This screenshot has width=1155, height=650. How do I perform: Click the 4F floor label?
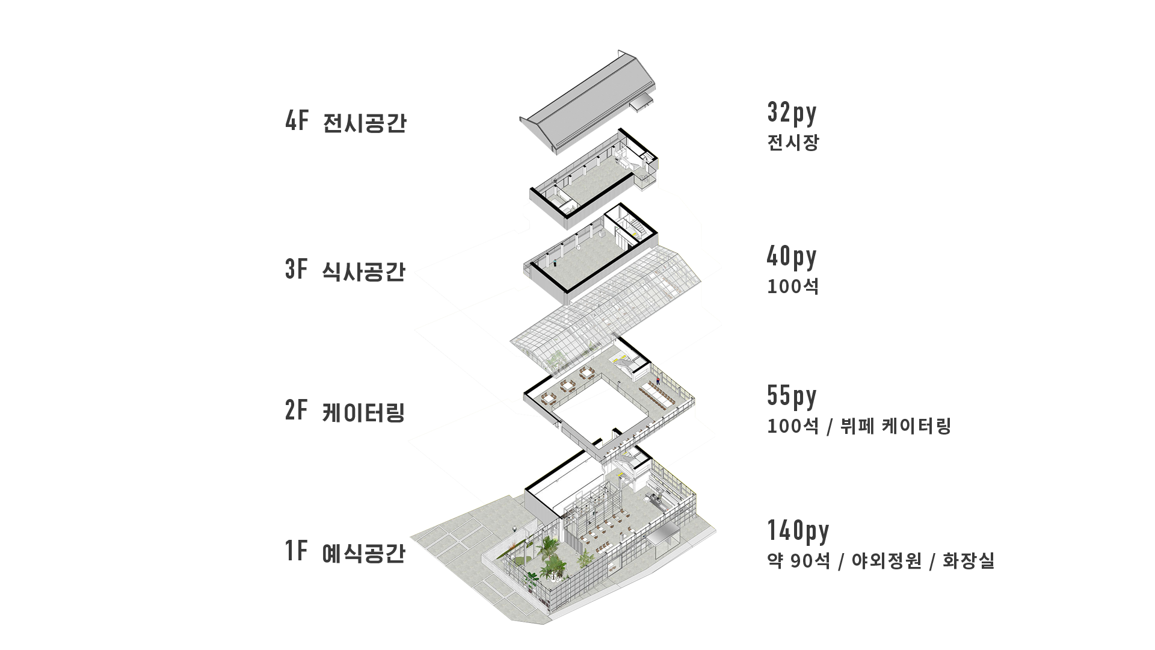297,121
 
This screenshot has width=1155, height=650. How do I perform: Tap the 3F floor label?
296,269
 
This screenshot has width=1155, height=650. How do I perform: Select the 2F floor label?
296,410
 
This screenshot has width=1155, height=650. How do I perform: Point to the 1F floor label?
296,551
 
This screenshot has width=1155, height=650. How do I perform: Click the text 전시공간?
365,123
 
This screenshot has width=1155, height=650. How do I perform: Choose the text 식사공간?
364,271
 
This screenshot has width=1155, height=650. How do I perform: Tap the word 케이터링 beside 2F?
363,413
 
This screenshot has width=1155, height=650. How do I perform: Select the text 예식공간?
364,553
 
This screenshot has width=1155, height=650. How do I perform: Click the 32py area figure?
792,113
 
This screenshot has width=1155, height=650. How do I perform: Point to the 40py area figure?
792,257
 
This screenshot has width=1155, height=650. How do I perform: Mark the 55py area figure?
792,397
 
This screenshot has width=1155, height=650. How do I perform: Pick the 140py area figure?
798,531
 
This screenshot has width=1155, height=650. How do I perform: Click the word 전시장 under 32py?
793,143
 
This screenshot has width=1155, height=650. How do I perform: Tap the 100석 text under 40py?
793,286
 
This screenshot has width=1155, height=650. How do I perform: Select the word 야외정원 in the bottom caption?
887,561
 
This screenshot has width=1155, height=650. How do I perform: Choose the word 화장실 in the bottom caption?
968,561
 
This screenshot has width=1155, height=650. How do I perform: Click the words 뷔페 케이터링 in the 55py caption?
895,426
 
